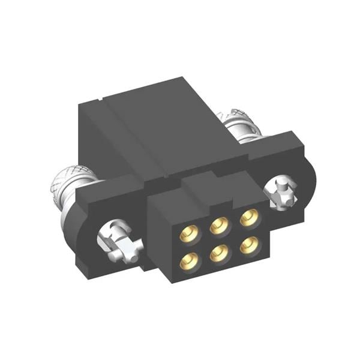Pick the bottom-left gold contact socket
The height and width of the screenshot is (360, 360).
190,259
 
